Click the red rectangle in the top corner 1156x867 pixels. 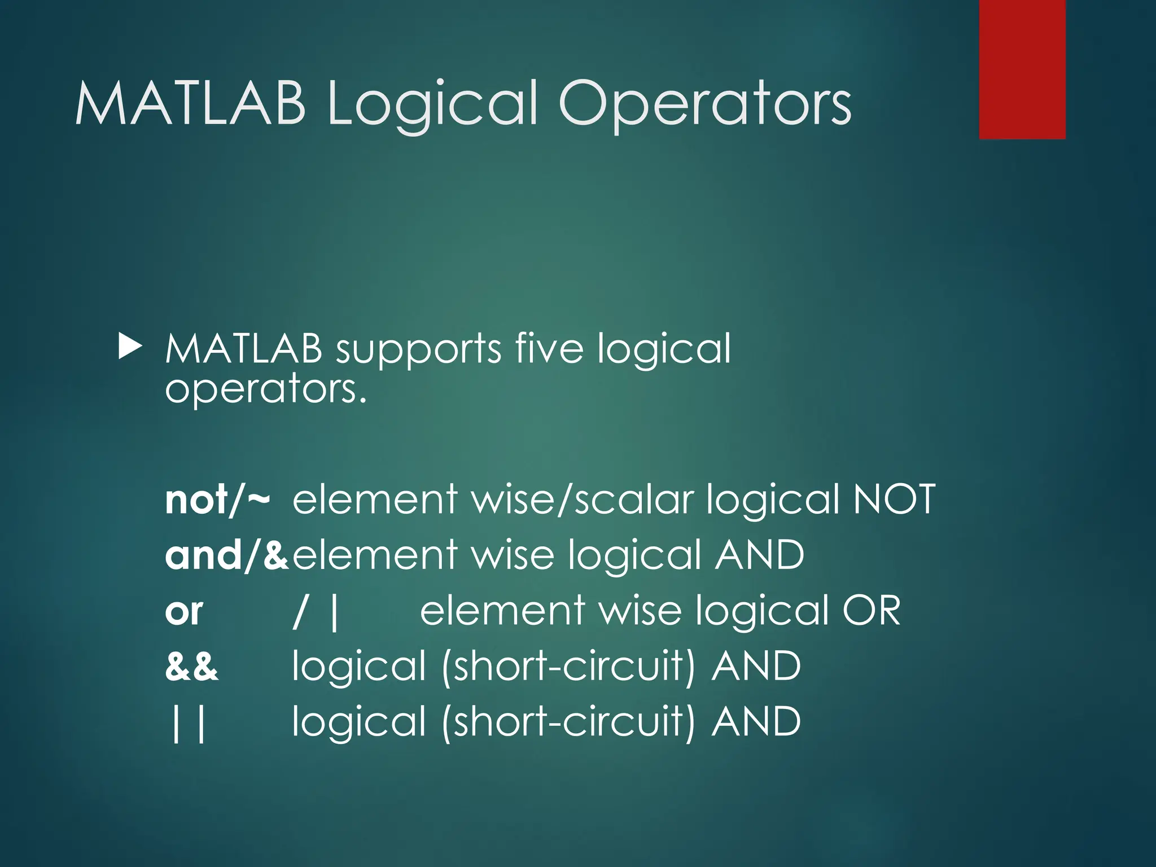pos(1022,69)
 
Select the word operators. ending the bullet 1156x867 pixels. pos(265,389)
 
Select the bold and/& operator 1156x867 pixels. pos(226,555)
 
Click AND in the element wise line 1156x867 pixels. pos(759,555)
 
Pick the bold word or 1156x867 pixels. pos(184,611)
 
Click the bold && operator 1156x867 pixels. pos(191,667)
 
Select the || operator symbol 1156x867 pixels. pos(188,723)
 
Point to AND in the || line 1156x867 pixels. pos(756,722)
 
